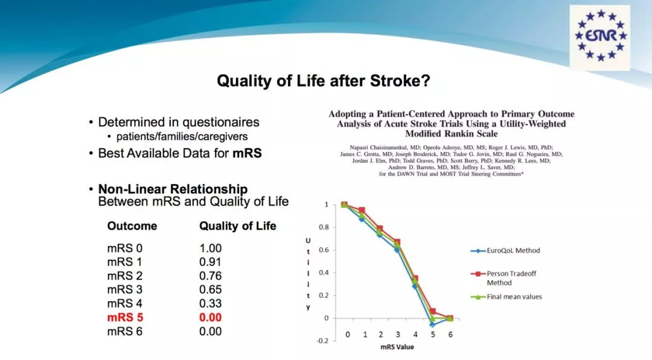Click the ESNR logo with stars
click(600, 37)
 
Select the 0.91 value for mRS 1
click(210, 262)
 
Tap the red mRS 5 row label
click(125, 318)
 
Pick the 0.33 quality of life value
click(210, 303)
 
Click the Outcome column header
click(132, 226)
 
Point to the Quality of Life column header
click(237, 226)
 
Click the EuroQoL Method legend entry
click(505, 251)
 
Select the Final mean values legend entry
click(506, 297)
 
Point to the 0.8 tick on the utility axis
click(324, 227)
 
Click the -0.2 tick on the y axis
click(322, 341)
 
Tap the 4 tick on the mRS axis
click(415, 334)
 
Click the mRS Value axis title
click(397, 347)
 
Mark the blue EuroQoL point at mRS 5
click(432, 324)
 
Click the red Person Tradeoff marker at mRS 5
click(433, 311)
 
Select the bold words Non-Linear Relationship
click(173, 189)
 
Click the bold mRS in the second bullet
click(247, 153)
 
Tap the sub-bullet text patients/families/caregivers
click(182, 137)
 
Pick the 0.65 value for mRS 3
click(210, 290)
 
